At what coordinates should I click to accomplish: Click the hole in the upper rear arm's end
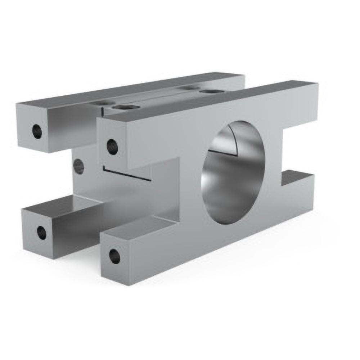click(x=37, y=131)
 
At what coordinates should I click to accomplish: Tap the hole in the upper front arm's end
click(x=112, y=147)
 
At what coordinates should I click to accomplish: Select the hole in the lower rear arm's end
click(x=42, y=233)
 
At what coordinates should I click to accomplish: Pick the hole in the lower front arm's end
click(x=115, y=256)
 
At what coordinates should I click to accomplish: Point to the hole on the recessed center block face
click(x=78, y=166)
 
